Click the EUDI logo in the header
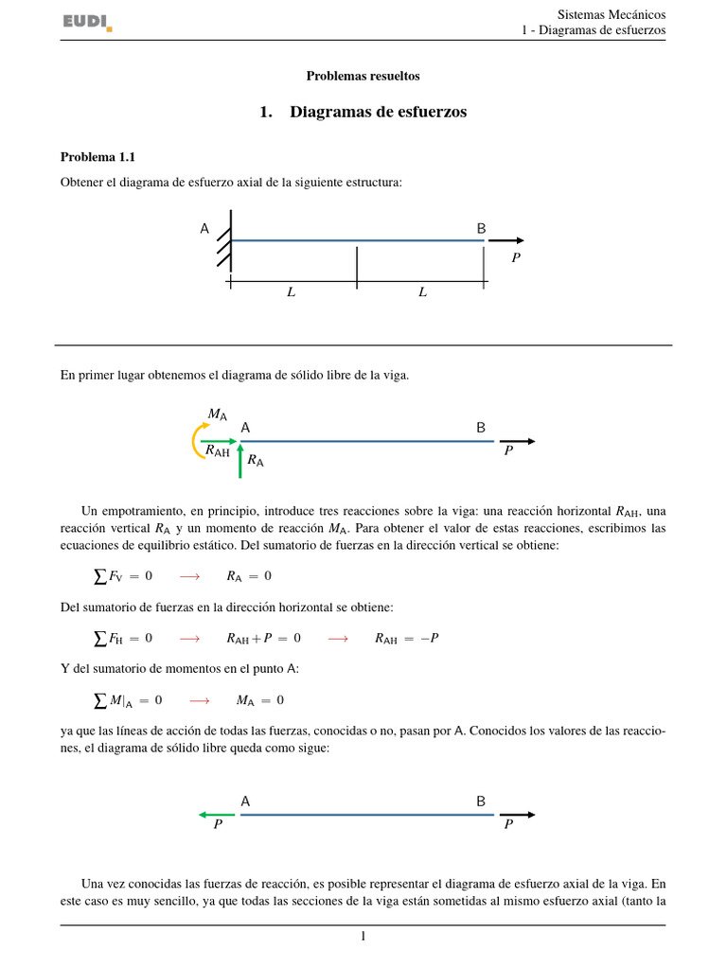click(87, 22)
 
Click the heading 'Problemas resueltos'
click(363, 76)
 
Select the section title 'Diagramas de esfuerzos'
click(378, 112)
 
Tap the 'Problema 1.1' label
click(98, 157)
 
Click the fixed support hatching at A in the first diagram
click(224, 241)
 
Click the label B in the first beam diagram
click(481, 228)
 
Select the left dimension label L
click(292, 292)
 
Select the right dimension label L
click(422, 292)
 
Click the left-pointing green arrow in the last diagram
click(216, 814)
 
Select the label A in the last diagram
click(245, 802)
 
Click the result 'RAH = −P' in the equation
click(407, 639)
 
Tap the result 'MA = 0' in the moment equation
click(260, 700)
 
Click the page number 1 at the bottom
click(363, 937)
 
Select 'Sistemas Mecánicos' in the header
click(612, 14)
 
